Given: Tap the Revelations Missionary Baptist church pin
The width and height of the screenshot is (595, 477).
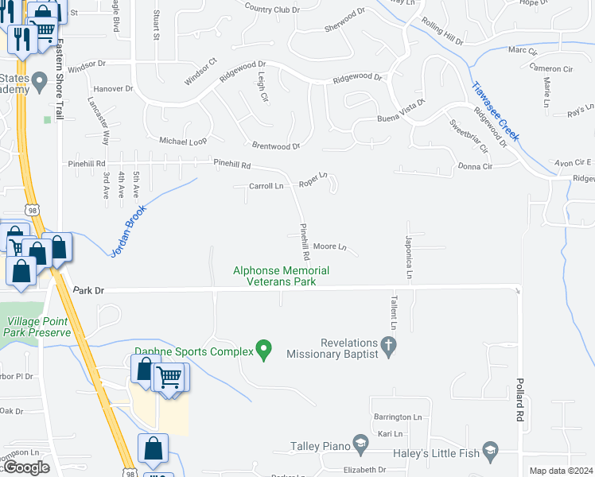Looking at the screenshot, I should (388, 344).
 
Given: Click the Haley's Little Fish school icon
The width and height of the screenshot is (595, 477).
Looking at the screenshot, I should (490, 450).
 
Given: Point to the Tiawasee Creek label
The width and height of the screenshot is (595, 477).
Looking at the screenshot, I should (495, 112).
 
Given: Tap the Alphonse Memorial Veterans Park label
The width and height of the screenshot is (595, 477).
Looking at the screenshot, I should (281, 276).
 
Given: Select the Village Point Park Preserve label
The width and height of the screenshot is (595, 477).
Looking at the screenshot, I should (39, 327).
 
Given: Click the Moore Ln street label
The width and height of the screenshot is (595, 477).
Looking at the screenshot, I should (329, 247).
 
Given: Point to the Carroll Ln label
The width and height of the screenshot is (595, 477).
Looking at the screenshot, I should (266, 186).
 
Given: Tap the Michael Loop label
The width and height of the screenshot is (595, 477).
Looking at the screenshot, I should (183, 140).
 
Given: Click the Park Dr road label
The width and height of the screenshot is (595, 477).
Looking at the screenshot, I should (88, 291).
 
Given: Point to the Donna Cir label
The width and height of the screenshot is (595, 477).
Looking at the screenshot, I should (476, 166).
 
